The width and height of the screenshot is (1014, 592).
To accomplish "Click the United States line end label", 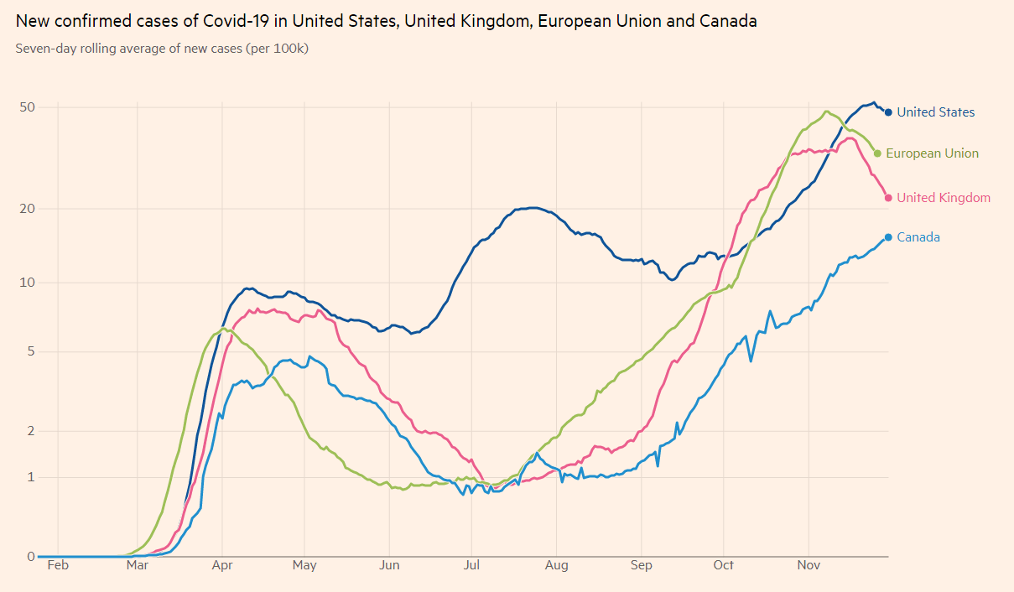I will point(935,112).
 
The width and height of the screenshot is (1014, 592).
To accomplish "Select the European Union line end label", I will point(932,153).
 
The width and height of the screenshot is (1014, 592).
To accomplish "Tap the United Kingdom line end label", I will point(943,198).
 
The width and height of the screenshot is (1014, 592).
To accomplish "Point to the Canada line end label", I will point(918,237).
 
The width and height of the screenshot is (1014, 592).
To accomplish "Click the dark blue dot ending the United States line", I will point(888,112).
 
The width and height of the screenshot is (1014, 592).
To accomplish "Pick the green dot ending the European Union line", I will point(877,153).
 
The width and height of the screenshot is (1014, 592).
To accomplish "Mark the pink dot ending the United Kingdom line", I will point(888,198).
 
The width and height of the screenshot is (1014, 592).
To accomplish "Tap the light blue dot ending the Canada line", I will point(888,237).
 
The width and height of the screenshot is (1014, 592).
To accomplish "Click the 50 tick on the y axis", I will point(28,107).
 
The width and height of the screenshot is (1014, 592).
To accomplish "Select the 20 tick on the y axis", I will point(28,209).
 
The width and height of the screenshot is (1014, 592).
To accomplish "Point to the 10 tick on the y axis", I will point(28,283).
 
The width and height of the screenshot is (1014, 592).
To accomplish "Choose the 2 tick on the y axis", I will point(31,431).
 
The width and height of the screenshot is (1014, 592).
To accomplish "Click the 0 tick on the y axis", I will point(31,556).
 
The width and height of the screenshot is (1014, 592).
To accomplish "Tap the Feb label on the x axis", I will point(58,565).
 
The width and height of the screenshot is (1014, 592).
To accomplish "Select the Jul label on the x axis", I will point(471,565).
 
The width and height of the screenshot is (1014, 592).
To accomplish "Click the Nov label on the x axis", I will point(809,565).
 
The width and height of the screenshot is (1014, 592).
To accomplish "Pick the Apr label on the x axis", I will point(221,565).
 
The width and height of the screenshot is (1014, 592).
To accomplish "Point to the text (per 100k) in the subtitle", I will point(277,49).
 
